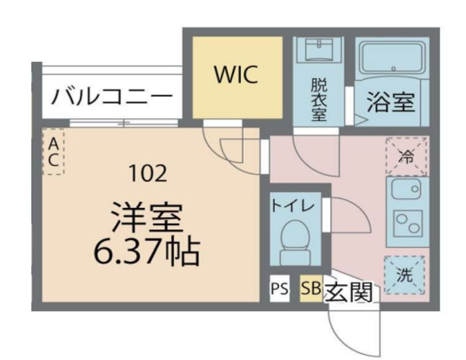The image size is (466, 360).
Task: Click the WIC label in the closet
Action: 235,76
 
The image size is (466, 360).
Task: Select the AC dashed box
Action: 53,152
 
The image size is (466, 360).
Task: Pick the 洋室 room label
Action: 146,216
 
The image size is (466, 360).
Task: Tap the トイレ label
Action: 293,206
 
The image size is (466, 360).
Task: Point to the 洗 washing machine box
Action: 405,276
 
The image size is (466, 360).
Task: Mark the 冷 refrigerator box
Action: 405,155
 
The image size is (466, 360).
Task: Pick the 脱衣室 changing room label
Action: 318,98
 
